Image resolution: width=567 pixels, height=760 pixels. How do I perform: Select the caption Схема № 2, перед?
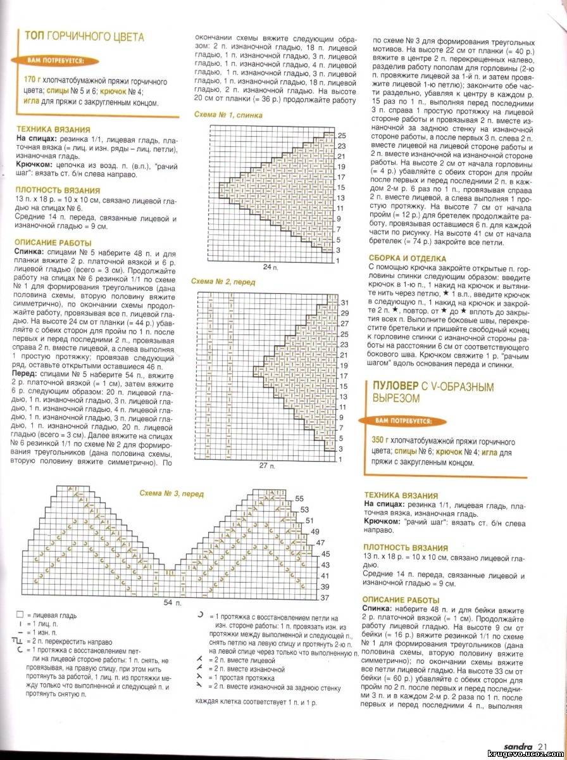(x=223, y=282)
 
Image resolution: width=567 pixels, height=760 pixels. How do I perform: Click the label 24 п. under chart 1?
(x=271, y=267)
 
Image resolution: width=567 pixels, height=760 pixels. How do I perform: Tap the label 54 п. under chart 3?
(x=169, y=602)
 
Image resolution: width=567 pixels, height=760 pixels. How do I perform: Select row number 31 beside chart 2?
(x=345, y=302)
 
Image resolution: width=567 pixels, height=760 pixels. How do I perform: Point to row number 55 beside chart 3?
(x=300, y=498)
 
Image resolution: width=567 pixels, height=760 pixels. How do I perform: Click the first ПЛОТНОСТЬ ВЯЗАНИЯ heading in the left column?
(x=58, y=190)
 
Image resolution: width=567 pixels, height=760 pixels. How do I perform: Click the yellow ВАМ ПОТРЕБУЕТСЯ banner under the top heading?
(x=58, y=61)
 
